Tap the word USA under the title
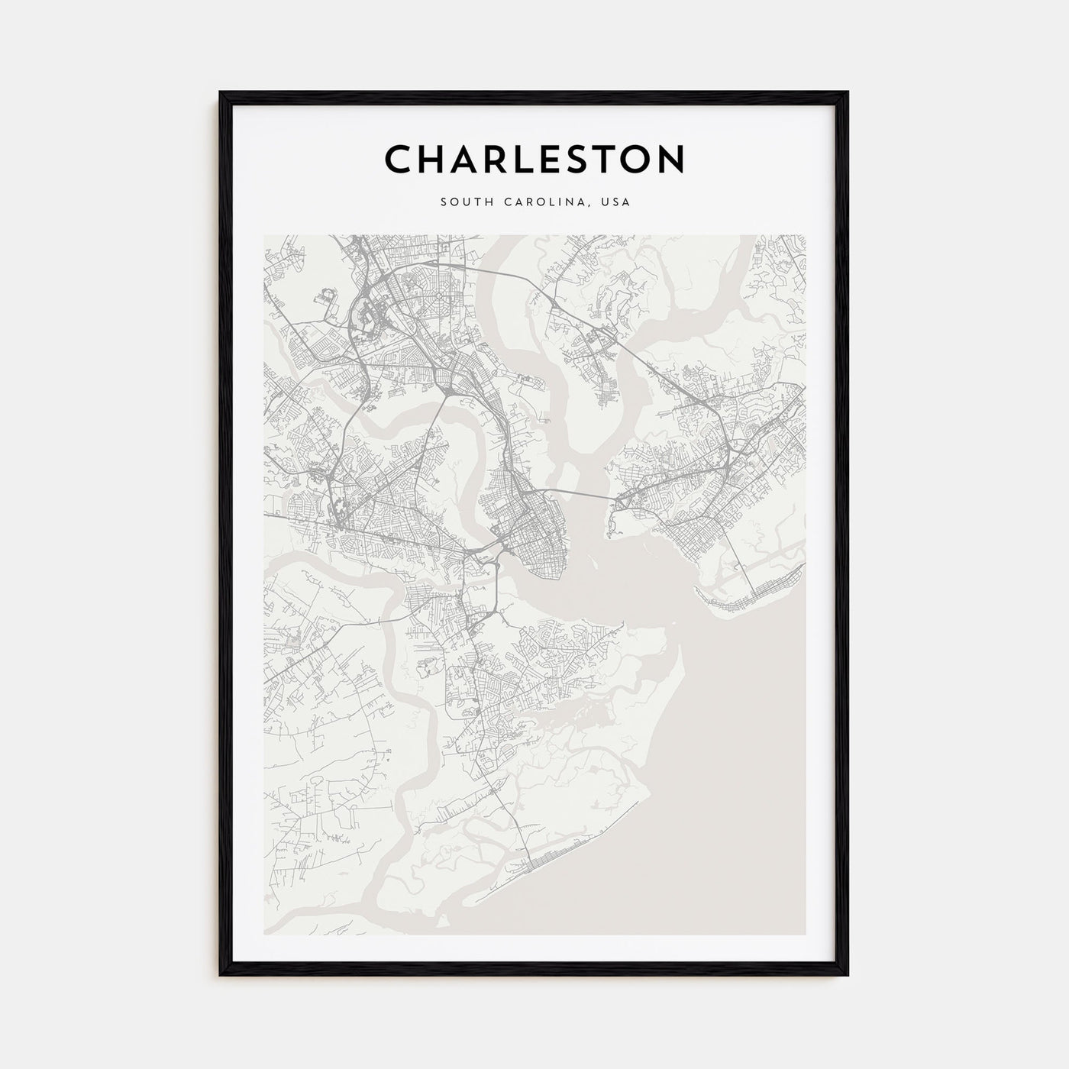[x=615, y=202]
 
